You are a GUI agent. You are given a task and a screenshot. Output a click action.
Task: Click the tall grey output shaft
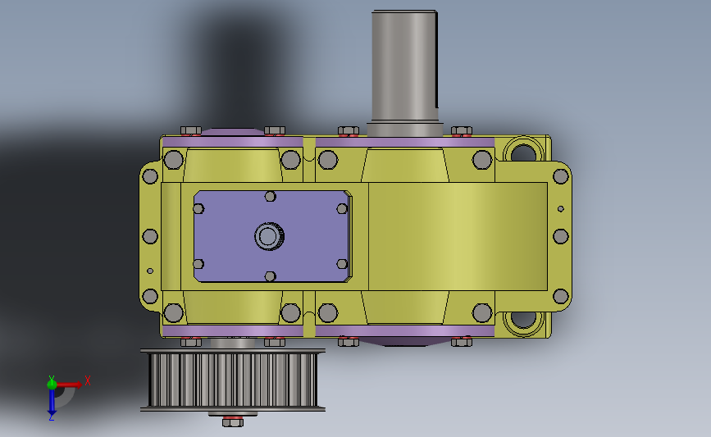pyautogui.click(x=404, y=72)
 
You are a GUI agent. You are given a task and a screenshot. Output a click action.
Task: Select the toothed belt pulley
pyautogui.click(x=233, y=380)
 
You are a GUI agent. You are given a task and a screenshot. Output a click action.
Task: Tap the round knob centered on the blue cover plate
pyautogui.click(x=269, y=236)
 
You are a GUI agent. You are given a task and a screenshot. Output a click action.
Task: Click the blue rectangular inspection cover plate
pyautogui.click(x=272, y=236)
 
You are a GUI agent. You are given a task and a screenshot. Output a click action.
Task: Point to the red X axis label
pyautogui.click(x=88, y=380)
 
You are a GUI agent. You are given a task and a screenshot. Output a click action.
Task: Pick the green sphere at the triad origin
pyautogui.click(x=52, y=385)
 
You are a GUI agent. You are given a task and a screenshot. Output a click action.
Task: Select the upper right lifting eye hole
pyautogui.click(x=523, y=152)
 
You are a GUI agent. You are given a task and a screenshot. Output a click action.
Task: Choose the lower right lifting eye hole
pyautogui.click(x=523, y=319)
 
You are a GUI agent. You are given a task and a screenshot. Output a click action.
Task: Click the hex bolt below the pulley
pyautogui.click(x=233, y=422)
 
